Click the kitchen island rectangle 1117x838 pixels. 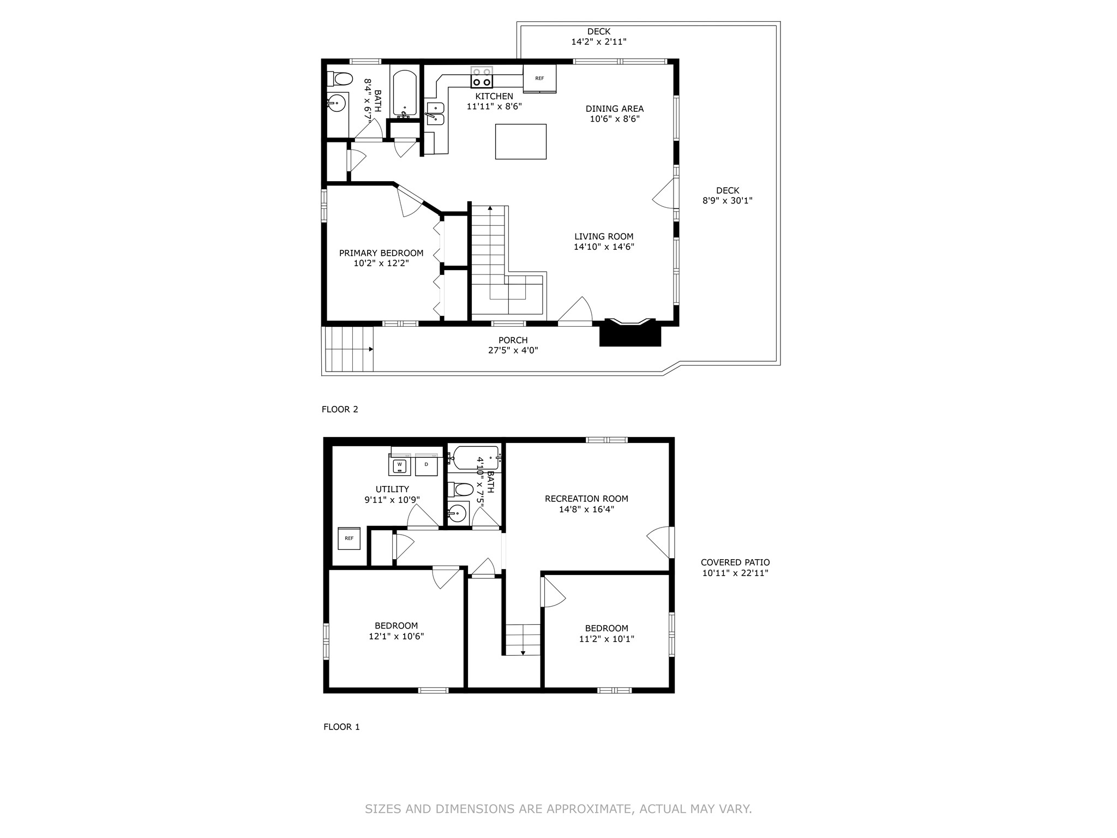point(520,141)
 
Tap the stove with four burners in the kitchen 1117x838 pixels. point(482,77)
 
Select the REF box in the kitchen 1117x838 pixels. point(539,79)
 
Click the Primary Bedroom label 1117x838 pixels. point(381,253)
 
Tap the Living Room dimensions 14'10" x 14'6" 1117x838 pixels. point(604,247)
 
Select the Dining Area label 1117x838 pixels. point(614,109)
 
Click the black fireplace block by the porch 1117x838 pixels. point(630,334)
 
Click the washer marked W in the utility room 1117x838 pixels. point(400,465)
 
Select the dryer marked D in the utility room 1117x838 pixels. point(427,465)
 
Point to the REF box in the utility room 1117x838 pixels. point(349,538)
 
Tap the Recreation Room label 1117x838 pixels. point(586,499)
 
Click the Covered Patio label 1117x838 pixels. point(735,562)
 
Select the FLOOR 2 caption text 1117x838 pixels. point(340,409)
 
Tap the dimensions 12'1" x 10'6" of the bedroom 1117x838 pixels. point(396,636)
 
